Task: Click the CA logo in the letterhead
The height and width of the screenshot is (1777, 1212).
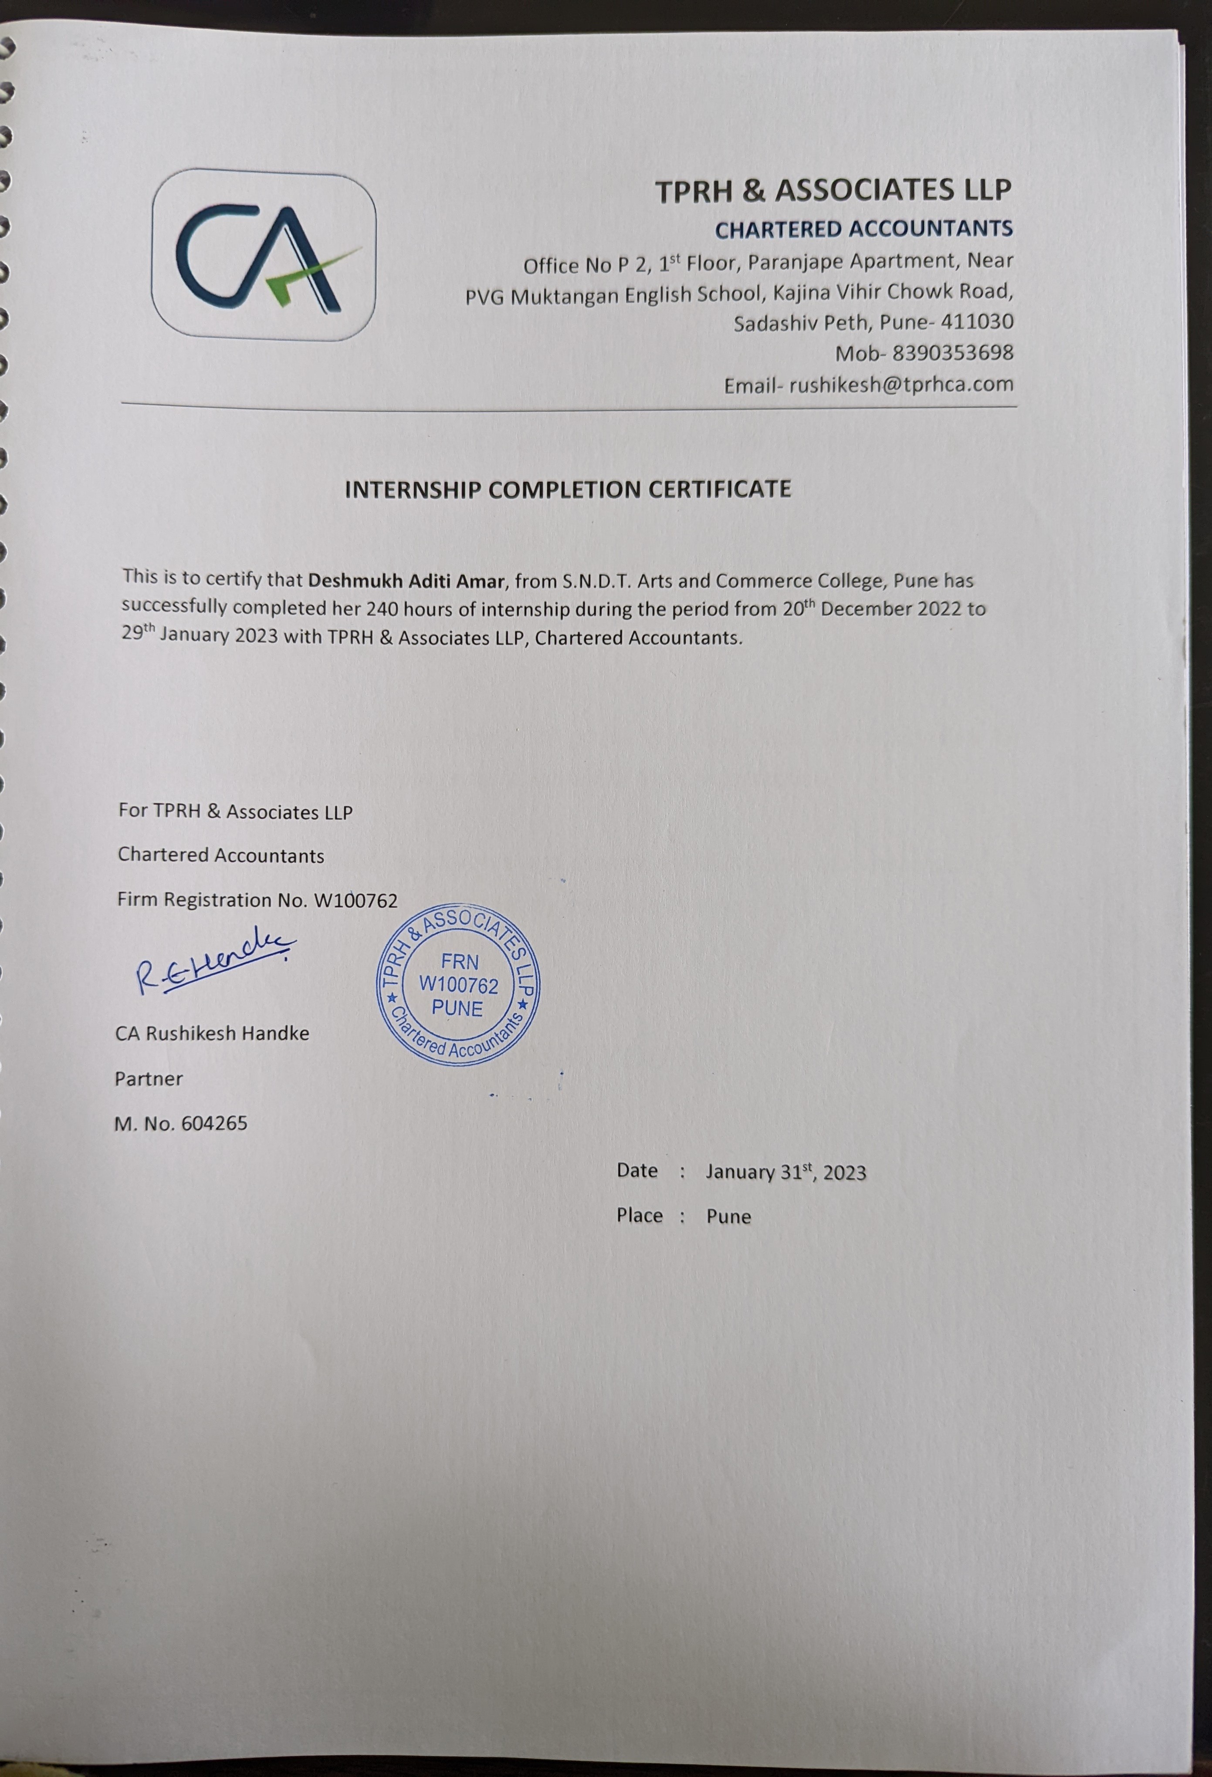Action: [264, 255]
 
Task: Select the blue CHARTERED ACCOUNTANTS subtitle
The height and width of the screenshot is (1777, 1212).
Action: [863, 229]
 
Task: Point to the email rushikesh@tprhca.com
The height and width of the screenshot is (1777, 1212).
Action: [901, 385]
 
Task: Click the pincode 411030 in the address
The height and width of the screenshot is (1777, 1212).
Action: [977, 322]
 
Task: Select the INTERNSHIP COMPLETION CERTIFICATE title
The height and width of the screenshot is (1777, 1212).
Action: [567, 490]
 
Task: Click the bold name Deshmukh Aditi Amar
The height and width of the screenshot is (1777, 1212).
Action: [405, 580]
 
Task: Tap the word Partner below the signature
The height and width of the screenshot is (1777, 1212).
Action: [149, 1079]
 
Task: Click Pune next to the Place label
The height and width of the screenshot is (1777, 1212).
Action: [728, 1216]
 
